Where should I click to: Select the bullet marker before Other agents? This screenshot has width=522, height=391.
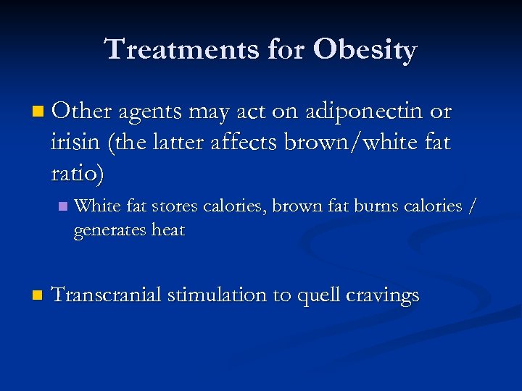38,112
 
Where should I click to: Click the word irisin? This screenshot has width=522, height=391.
75,143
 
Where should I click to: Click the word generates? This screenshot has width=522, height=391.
109,231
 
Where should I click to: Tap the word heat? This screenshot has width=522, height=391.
168,231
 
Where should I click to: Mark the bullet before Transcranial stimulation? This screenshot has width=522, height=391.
38,296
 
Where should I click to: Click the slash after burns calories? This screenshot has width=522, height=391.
473,206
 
